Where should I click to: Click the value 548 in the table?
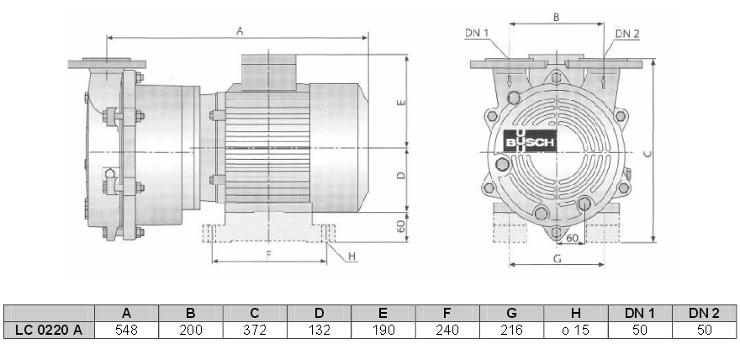(x=127, y=330)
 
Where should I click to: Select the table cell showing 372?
(x=255, y=330)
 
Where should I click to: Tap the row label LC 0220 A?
(x=49, y=330)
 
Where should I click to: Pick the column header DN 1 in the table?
(x=640, y=313)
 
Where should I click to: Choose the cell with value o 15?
(x=576, y=330)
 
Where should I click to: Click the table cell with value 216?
(x=511, y=330)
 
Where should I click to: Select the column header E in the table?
(x=383, y=313)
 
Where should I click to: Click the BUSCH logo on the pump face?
(x=530, y=143)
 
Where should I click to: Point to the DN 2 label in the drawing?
(x=627, y=34)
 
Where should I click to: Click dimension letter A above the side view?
(x=240, y=31)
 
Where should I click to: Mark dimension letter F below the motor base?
(x=268, y=252)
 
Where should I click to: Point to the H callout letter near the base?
(x=351, y=255)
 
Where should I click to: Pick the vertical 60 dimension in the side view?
(x=401, y=225)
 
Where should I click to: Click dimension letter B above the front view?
(x=555, y=17)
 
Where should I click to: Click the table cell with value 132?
(x=319, y=330)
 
